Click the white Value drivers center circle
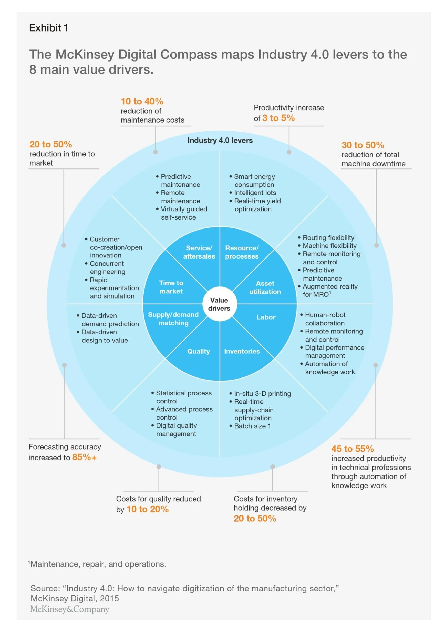[x=220, y=304]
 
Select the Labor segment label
[x=266, y=317]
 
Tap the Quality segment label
[x=199, y=351]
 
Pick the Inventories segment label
[x=242, y=351]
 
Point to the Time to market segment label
[x=171, y=287]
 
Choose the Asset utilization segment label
[x=265, y=287]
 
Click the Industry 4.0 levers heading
[x=220, y=140]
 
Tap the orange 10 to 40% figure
[x=142, y=101]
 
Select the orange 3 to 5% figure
[x=278, y=118]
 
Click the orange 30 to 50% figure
[x=363, y=145]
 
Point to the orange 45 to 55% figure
[x=353, y=449]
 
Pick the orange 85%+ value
[x=84, y=457]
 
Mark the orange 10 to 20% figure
[x=148, y=509]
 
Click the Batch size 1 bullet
[x=250, y=426]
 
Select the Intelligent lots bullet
[x=253, y=193]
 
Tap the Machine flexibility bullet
[x=327, y=246]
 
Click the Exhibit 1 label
[x=48, y=28]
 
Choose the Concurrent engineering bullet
[x=105, y=267]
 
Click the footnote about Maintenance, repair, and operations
[x=97, y=564]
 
